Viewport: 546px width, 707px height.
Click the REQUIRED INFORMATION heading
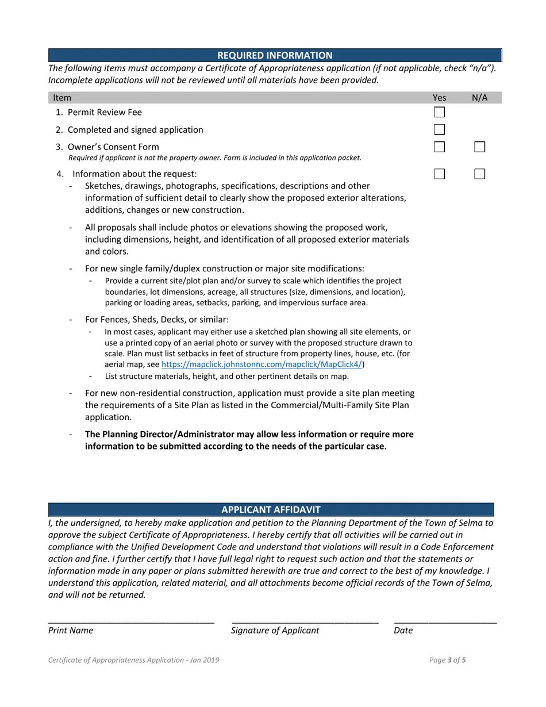click(275, 55)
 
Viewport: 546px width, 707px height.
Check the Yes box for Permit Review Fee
click(439, 112)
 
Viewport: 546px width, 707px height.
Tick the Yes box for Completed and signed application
click(439, 130)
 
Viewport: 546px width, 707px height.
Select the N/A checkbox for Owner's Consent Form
click(479, 147)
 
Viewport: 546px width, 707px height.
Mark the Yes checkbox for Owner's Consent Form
click(439, 147)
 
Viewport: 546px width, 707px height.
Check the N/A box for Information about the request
click(479, 174)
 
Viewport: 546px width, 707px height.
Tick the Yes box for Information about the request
click(439, 174)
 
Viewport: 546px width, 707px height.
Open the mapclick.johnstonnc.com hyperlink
click(262, 364)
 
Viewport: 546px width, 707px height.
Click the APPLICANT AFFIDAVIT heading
click(271, 510)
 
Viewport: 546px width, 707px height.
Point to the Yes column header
click(439, 98)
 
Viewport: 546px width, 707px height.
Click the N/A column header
click(479, 98)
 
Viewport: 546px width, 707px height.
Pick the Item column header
click(62, 98)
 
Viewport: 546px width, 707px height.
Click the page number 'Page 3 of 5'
click(447, 660)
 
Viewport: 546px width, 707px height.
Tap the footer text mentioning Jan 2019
click(133, 660)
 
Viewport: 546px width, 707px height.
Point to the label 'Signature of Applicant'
click(275, 630)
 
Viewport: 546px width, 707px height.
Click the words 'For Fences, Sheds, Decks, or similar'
click(156, 320)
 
